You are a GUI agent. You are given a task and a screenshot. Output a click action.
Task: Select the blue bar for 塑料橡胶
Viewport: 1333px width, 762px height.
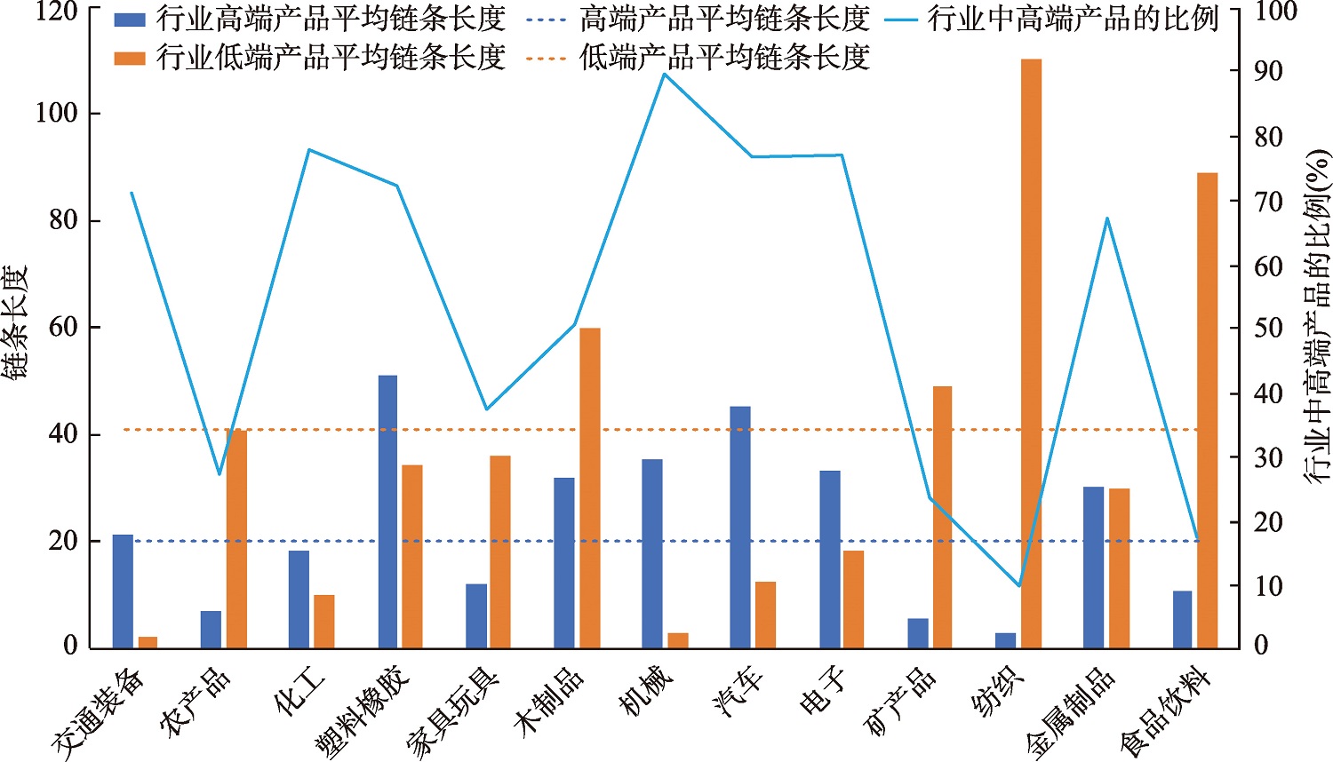point(387,512)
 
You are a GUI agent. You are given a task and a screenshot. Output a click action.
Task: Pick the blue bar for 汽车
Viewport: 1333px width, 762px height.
point(740,528)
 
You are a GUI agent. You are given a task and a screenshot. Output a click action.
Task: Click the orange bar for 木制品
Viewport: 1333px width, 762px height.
point(590,488)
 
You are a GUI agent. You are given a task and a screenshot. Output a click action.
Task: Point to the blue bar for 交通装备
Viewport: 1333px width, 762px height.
point(123,591)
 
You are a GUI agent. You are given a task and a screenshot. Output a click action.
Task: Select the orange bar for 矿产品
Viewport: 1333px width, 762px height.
point(942,517)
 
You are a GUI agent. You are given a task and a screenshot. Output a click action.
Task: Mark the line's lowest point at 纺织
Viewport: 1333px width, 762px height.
point(1018,586)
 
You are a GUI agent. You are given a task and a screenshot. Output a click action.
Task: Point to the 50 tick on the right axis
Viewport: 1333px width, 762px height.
point(1268,328)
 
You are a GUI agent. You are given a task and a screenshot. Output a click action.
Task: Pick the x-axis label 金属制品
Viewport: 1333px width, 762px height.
point(1071,712)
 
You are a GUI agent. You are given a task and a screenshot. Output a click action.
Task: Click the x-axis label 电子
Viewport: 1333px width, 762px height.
point(823,692)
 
